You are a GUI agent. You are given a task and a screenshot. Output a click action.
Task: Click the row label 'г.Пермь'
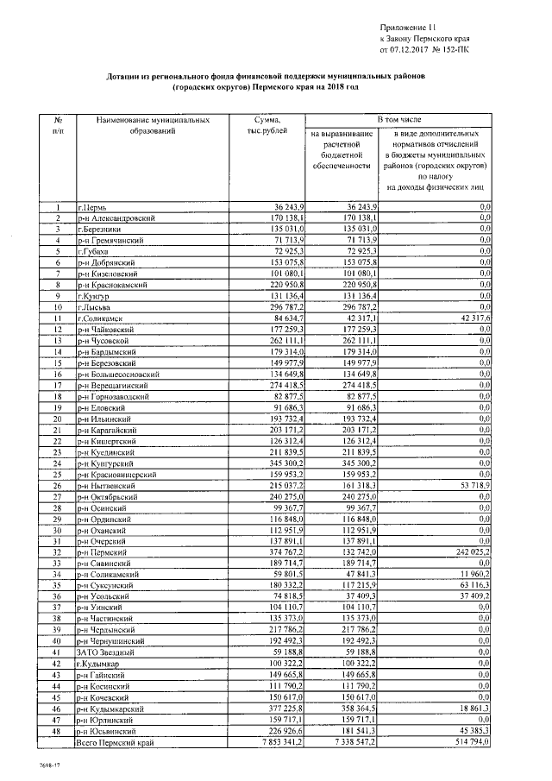pyautogui.click(x=91, y=208)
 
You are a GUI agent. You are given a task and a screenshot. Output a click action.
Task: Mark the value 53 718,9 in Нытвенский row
pyautogui.click(x=471, y=485)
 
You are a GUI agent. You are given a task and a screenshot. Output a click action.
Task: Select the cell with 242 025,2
pyautogui.click(x=468, y=551)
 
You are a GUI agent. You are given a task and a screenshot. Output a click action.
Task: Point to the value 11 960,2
pyautogui.click(x=471, y=574)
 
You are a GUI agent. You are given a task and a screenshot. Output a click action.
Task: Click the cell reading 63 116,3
pyautogui.click(x=471, y=585)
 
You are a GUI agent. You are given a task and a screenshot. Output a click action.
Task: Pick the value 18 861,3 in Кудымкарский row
pyautogui.click(x=471, y=707)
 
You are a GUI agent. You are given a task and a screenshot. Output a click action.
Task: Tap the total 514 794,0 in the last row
pyautogui.click(x=468, y=740)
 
